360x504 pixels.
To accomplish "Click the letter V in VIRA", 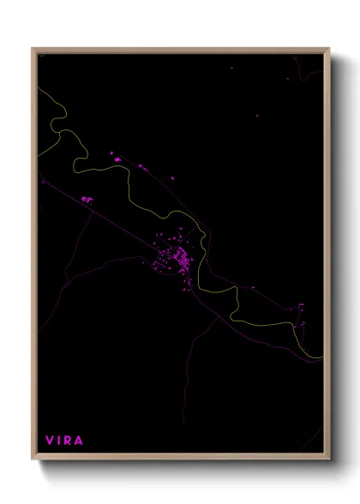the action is tap(49, 441).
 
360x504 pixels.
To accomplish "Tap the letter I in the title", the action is tap(58, 441).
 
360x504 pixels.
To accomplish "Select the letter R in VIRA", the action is tap(68, 441).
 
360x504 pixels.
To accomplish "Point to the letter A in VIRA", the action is tap(79, 441).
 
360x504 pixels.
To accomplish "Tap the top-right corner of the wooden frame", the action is tap(329, 49).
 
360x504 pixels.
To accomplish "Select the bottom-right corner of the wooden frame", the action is tap(329, 459).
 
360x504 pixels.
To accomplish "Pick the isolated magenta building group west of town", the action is tap(86, 199).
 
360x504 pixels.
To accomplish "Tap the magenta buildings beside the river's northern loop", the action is tap(115, 157).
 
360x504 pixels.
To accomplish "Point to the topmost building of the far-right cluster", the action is tap(301, 304).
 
